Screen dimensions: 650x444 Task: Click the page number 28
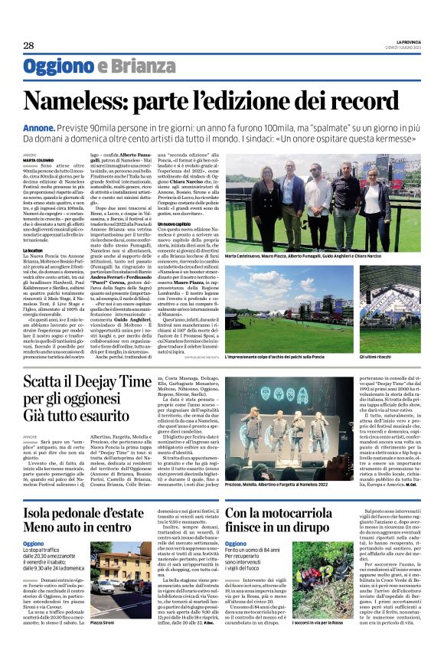[28, 46]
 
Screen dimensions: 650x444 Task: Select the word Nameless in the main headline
[84, 102]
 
